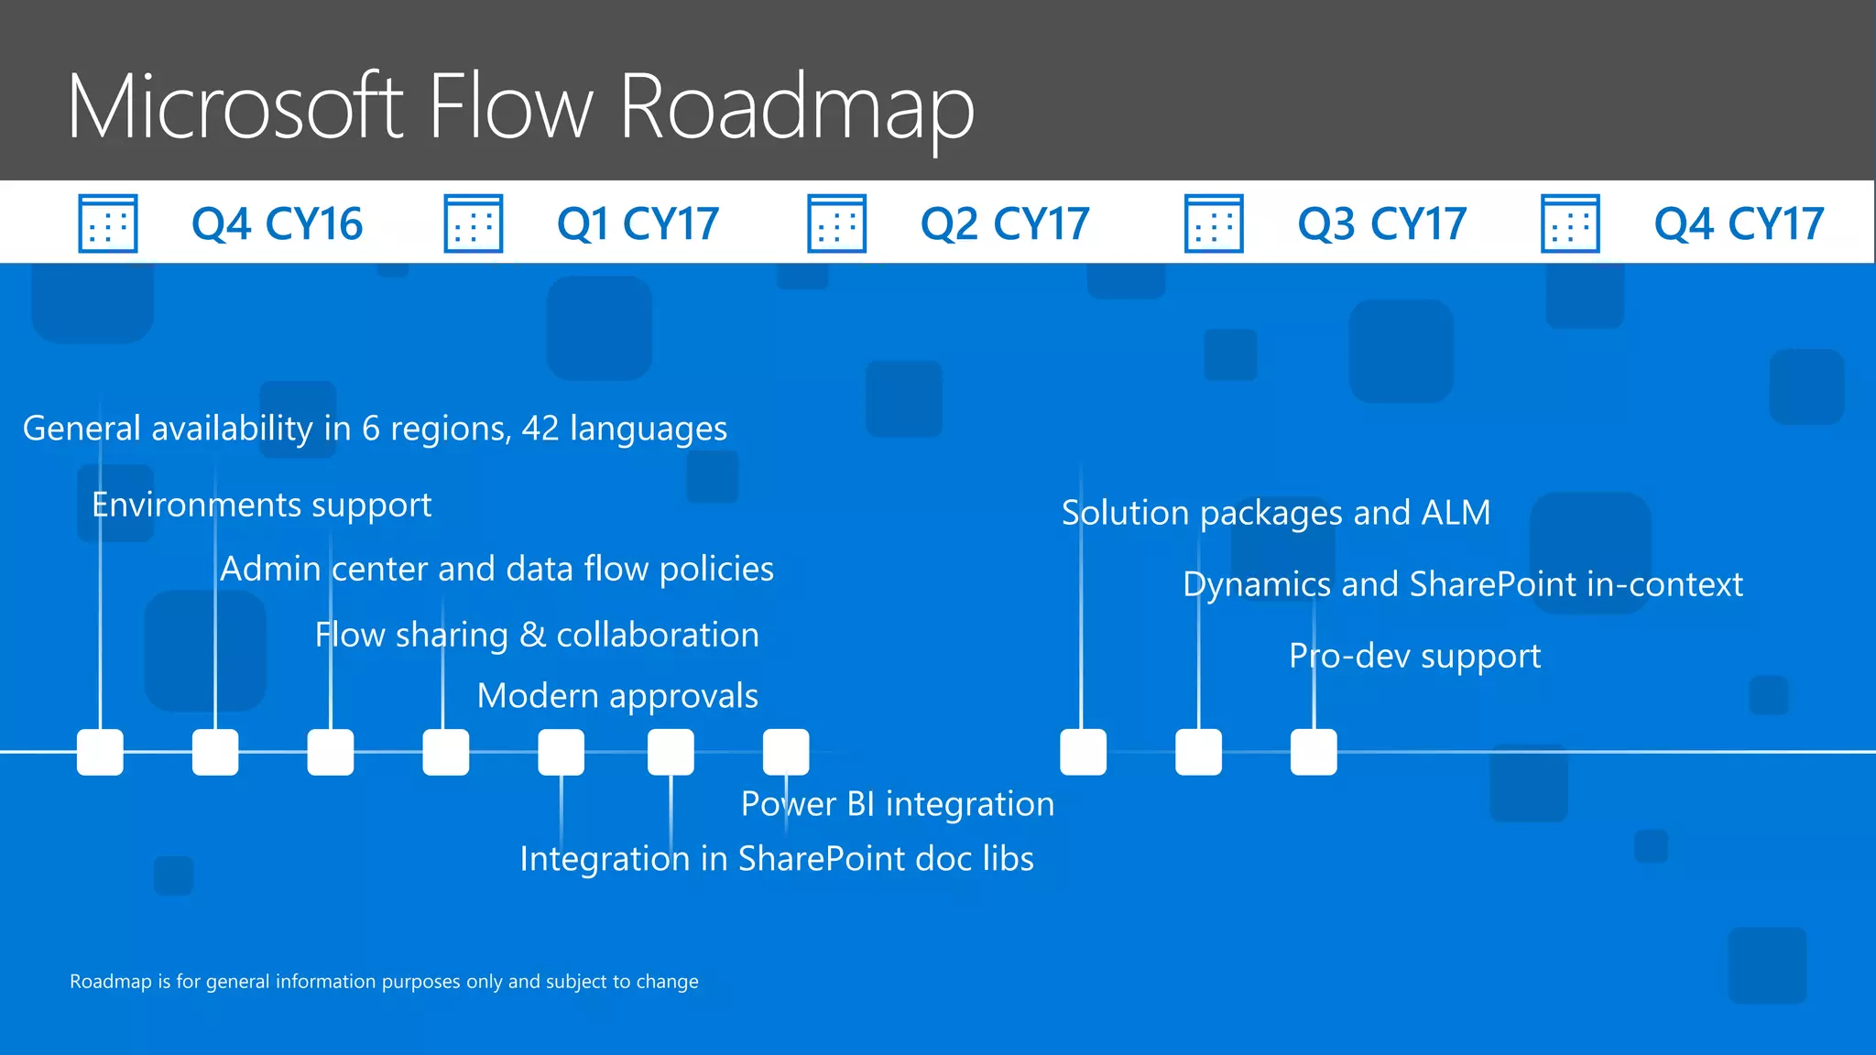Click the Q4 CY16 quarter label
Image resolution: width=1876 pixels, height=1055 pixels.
point(277,224)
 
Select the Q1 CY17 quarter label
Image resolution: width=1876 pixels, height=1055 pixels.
point(638,224)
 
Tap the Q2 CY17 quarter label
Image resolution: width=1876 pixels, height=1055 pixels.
point(1005,224)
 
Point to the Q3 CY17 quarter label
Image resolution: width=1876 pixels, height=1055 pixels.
point(1381,224)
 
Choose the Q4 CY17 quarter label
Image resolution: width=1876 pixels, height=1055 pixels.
point(1739,224)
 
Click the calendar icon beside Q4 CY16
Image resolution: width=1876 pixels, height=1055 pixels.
point(108,223)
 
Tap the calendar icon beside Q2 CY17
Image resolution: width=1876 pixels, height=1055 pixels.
point(836,223)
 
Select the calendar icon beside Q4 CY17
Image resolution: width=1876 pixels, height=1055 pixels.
point(1570,223)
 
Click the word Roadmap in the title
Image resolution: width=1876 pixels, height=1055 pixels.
point(797,108)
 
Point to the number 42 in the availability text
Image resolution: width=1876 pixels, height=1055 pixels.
point(540,429)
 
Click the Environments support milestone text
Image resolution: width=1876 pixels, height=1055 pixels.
point(262,506)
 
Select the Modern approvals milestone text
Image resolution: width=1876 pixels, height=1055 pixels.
point(617,696)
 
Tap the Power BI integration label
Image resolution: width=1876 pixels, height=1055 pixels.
point(898,804)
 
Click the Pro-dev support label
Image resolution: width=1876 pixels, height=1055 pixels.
point(1414,657)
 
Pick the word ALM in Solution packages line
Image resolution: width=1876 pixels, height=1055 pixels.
point(1456,513)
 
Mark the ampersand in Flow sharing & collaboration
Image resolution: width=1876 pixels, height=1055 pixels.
point(532,636)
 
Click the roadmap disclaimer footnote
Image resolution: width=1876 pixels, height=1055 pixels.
point(384,982)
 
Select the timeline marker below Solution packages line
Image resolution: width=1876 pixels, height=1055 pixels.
point(1083,752)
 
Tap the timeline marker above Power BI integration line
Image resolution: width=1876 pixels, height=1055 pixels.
point(786,752)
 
